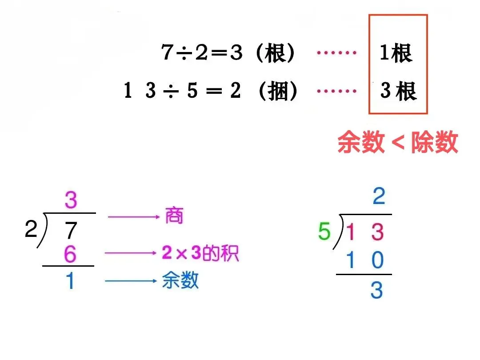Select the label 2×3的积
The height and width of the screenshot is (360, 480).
200,253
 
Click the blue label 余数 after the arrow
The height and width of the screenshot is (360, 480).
180,281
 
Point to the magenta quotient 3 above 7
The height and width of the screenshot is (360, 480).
71,200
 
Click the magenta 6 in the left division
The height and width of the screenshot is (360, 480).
70,255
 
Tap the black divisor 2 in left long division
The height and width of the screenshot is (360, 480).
31,230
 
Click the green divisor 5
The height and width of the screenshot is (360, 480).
325,232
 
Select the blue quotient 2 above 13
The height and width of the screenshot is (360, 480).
379,196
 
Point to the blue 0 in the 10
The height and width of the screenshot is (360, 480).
377,260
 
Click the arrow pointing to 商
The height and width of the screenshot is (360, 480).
133,217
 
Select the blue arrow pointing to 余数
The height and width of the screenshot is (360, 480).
131,281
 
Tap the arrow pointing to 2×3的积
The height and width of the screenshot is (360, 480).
132,253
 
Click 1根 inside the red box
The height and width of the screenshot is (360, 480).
396,53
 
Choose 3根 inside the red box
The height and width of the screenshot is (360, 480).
398,92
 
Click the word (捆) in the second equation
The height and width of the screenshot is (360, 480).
278,91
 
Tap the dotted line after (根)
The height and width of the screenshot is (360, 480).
336,53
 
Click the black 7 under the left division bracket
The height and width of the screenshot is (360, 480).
71,231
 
